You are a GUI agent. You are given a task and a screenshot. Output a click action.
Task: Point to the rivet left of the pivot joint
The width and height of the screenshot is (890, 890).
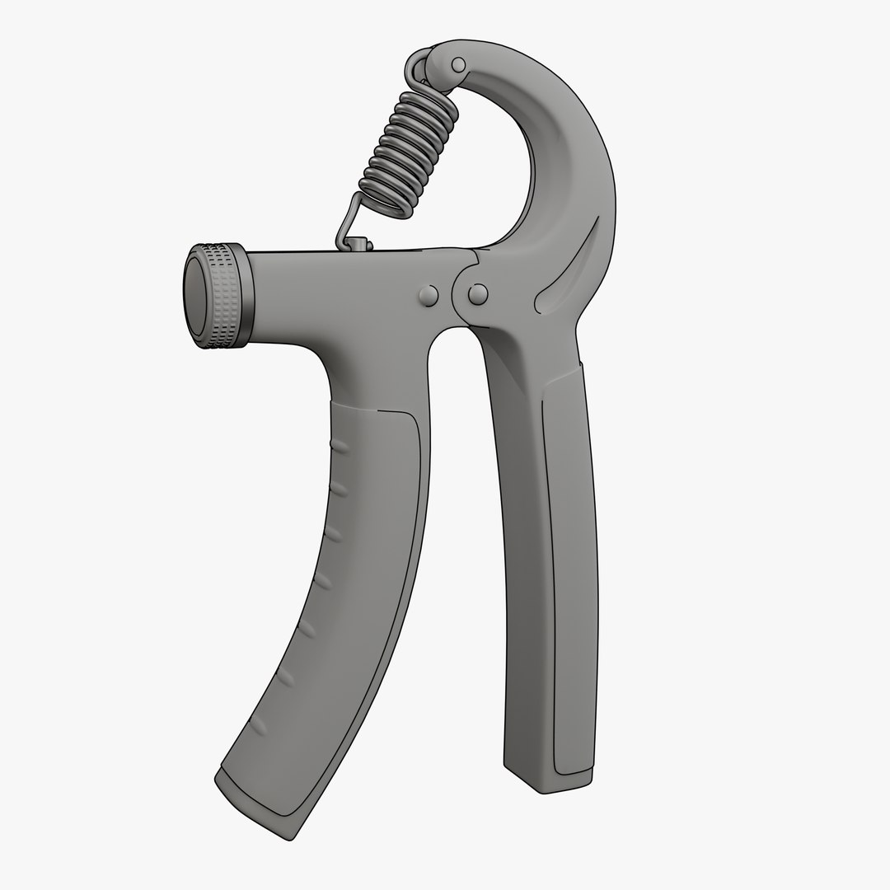[428, 295]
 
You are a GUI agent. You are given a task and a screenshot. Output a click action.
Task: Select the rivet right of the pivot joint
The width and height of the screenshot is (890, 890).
[477, 293]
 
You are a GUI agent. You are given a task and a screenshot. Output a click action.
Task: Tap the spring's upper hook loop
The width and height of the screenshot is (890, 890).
[419, 66]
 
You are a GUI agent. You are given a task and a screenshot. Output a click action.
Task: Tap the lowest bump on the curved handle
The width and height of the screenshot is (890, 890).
[258, 724]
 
